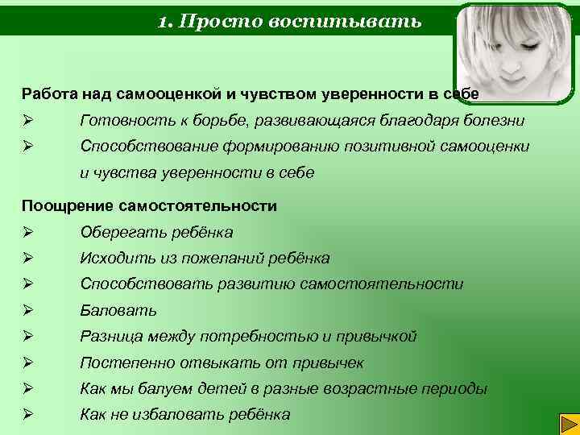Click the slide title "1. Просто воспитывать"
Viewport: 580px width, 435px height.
[x=289, y=20]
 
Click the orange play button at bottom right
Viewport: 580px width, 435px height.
[x=567, y=422]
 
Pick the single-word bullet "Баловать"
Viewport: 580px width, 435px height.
[x=118, y=310]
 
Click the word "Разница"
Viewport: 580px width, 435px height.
[x=110, y=337]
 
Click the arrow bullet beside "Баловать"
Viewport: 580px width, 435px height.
[x=27, y=310]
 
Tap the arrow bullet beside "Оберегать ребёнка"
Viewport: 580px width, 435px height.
[x=27, y=233]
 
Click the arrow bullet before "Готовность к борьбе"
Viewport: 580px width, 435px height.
[x=27, y=121]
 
